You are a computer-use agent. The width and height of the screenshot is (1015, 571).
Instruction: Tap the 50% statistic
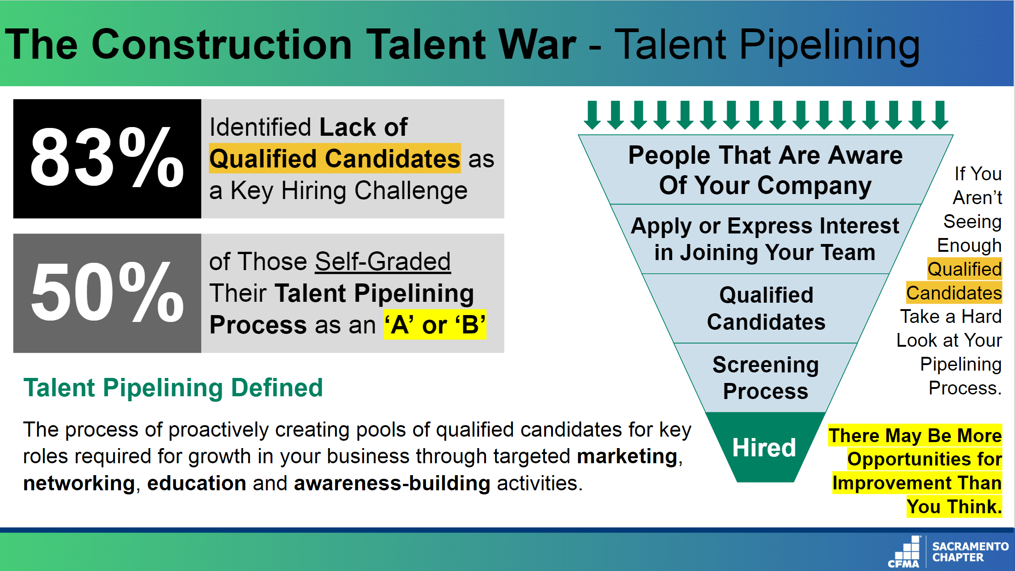[x=107, y=292]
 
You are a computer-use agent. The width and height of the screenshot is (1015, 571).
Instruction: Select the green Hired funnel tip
[x=765, y=447]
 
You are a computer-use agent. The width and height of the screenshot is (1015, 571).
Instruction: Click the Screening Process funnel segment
[x=766, y=377]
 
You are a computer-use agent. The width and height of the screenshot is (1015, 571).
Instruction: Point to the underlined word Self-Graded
[x=383, y=261]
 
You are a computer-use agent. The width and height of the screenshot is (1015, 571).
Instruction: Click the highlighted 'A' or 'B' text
[x=435, y=325]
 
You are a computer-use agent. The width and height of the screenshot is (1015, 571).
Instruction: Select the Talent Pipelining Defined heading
[x=173, y=388]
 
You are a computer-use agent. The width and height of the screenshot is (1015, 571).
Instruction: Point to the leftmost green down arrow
[x=592, y=115]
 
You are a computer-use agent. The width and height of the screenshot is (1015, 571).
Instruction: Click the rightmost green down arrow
[x=940, y=115]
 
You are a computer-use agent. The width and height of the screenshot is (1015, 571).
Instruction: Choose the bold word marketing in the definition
[x=627, y=456]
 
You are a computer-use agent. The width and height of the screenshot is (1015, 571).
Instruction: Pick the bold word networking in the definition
[x=79, y=483]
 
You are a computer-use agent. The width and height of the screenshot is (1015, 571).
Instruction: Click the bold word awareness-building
[x=392, y=483]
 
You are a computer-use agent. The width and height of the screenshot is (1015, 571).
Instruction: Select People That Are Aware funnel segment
[x=766, y=170]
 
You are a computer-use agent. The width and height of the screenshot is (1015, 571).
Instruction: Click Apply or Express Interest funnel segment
[x=766, y=239]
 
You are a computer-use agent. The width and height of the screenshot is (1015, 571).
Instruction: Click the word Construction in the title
[x=222, y=44]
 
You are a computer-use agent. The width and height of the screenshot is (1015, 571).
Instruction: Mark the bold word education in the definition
[x=197, y=483]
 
